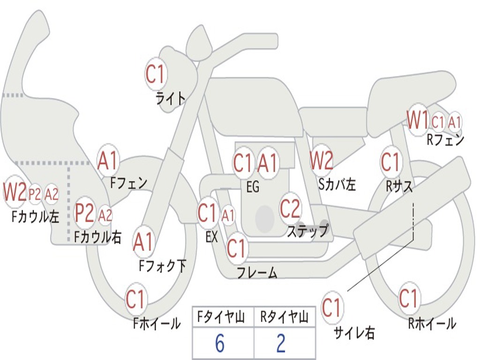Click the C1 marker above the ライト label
coord(156,74)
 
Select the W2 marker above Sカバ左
coord(322,161)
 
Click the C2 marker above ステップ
coord(290,209)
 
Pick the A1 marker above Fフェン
coord(108,161)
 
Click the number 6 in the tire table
coord(220,344)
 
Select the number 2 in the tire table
coord(281,344)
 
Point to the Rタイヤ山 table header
coord(284,318)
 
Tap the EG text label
coord(253,187)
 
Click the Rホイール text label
coord(432,323)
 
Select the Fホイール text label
coord(157,323)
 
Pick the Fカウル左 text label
coord(35,217)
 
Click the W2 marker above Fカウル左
coord(14,193)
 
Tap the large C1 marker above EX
coord(208,214)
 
